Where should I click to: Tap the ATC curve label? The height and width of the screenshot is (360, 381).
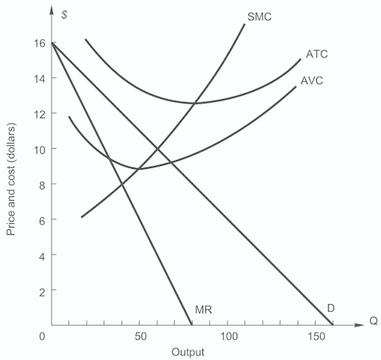[x=317, y=54]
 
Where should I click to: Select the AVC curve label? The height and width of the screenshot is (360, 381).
[x=312, y=80]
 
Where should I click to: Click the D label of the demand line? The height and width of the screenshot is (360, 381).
[x=330, y=307]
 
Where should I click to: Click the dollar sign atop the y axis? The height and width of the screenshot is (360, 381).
[x=65, y=14]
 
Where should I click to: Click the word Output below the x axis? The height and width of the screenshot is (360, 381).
[x=188, y=352]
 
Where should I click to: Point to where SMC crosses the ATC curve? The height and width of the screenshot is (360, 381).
[x=196, y=103]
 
